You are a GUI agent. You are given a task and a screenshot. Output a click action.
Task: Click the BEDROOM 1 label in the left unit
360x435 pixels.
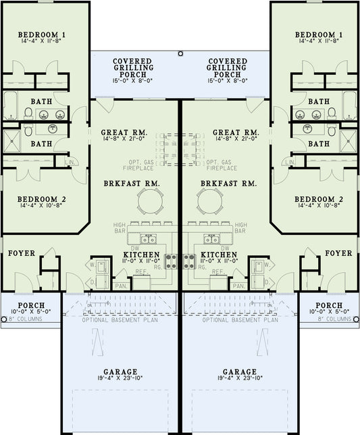pos(41,34)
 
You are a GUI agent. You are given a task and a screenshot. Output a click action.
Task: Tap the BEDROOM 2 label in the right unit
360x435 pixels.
pos(319,200)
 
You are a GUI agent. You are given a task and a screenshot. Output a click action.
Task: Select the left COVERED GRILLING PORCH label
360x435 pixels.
pos(133,68)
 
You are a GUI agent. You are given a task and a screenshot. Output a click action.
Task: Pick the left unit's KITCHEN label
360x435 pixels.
pos(142,255)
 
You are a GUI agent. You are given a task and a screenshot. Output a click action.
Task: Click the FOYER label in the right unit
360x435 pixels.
pos(338,253)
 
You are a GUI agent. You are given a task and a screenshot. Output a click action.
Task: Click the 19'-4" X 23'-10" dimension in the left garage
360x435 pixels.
pos(121,380)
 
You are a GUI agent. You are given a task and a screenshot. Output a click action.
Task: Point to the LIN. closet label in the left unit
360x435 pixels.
pos(71,163)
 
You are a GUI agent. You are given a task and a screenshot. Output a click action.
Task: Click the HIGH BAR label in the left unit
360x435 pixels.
pos(120,228)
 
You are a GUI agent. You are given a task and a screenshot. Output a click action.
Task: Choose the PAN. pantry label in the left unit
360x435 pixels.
pos(122,286)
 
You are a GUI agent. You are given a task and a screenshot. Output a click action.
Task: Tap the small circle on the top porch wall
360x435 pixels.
pos(180,53)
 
